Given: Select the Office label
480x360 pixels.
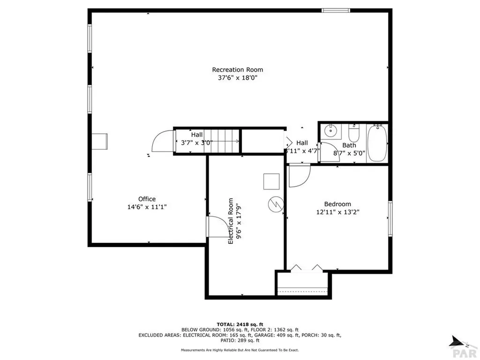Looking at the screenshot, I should [x=147, y=199].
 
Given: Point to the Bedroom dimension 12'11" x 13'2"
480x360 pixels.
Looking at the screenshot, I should [x=337, y=212].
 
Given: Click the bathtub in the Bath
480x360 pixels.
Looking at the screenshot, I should [x=377, y=143].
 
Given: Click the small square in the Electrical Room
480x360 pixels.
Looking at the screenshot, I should [x=271, y=181].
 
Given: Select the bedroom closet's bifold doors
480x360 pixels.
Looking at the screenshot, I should [x=307, y=268].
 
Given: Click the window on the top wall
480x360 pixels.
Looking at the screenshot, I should [x=336, y=10].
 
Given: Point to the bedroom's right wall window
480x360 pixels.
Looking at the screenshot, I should [x=390, y=219].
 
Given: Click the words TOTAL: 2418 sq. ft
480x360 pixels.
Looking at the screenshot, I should [x=240, y=324].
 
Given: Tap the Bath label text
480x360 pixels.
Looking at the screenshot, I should [x=349, y=145].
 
